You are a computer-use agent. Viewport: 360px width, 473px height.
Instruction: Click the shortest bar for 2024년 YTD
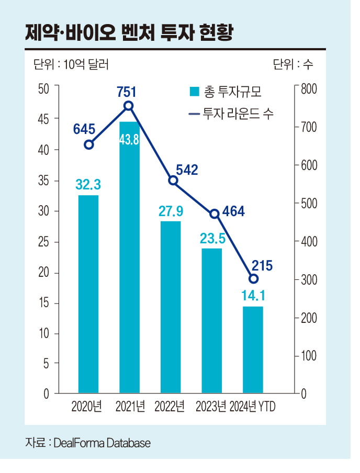pyautogui.click(x=253, y=350)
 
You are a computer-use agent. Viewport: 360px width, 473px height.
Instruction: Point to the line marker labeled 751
pyautogui.click(x=129, y=106)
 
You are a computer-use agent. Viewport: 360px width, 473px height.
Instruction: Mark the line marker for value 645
pyautogui.click(x=89, y=145)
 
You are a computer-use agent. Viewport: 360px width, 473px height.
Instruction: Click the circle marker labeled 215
pyautogui.click(x=254, y=279)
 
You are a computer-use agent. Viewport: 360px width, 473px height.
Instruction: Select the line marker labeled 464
pyautogui.click(x=214, y=213)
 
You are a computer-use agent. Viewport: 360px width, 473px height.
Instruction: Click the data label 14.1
pyautogui.click(x=253, y=296)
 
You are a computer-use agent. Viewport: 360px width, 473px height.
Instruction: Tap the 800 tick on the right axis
pyautogui.click(x=309, y=88)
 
